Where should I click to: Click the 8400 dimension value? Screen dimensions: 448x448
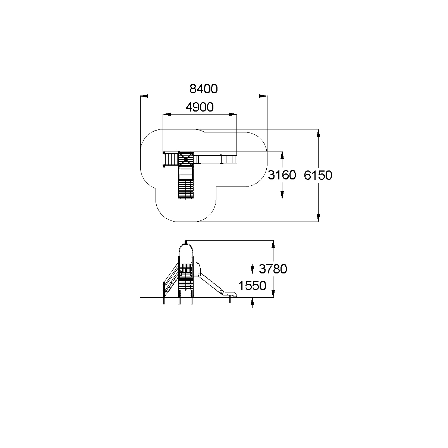[x=203, y=89]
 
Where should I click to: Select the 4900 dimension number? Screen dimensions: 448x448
[x=200, y=107]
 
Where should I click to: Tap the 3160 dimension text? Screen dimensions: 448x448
[x=282, y=175]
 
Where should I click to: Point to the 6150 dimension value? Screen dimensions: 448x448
[x=318, y=175]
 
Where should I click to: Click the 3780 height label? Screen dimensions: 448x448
[x=273, y=269]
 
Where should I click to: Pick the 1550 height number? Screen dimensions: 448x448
[x=252, y=286]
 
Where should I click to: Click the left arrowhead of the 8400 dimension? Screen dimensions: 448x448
[x=144, y=96]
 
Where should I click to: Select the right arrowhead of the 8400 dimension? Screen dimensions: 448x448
[x=263, y=96]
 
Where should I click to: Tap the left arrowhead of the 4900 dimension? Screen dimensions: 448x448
[x=167, y=115]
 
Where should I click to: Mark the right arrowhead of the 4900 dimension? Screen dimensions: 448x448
[x=233, y=115]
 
